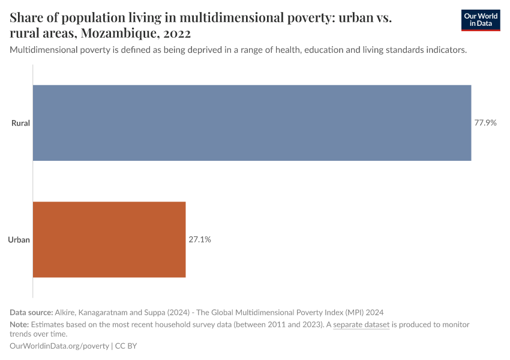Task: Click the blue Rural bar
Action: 252,123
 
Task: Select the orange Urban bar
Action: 109,239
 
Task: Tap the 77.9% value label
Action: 485,123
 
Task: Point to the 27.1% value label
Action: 200,239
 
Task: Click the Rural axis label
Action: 20,123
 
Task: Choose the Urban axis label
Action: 19,239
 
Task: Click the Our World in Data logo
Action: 480,20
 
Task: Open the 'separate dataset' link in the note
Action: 361,325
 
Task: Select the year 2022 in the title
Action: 176,32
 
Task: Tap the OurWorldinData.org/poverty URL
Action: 59,346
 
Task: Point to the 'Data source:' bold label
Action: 31,312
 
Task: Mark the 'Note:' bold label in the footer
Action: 20,325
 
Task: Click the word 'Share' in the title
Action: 27,18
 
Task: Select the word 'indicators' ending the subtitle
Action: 445,50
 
